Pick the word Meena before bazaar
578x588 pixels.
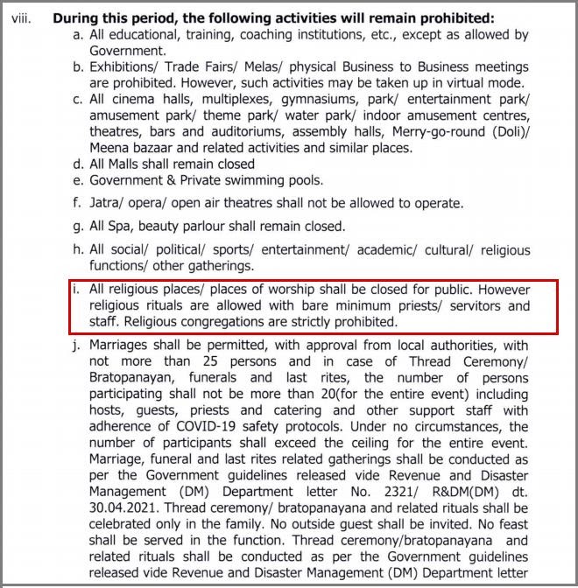point(109,148)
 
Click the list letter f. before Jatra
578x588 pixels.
point(80,203)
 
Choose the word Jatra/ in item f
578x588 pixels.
point(109,203)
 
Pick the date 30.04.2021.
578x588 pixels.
point(121,507)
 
